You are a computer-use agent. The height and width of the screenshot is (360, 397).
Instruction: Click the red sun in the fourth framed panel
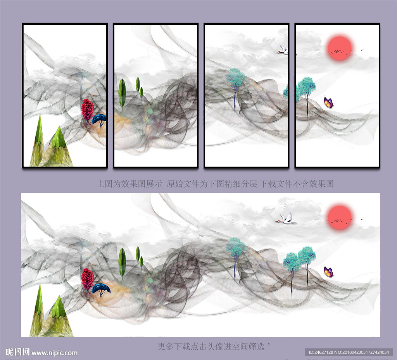[340, 48]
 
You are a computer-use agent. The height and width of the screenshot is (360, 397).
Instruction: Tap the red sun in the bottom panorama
[340, 217]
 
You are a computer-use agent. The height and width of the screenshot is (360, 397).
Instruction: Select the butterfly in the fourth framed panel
[329, 102]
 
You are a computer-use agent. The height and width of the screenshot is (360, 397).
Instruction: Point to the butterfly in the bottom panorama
[329, 272]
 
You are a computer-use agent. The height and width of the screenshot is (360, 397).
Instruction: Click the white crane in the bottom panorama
[286, 219]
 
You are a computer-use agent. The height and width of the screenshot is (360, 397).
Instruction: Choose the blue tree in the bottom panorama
[101, 290]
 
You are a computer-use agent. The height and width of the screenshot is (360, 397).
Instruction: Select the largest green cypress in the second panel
[122, 93]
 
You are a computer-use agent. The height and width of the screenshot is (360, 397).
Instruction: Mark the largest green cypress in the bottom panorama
[122, 263]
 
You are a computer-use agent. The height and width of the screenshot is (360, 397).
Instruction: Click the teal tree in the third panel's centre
[235, 86]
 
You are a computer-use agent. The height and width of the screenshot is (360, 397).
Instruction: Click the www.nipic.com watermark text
[54, 353]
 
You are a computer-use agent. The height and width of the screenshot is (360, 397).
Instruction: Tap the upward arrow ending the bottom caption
[269, 346]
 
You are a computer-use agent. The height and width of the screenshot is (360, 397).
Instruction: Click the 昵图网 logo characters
[17, 352]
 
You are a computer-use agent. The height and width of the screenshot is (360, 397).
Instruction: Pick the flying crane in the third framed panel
[282, 50]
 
